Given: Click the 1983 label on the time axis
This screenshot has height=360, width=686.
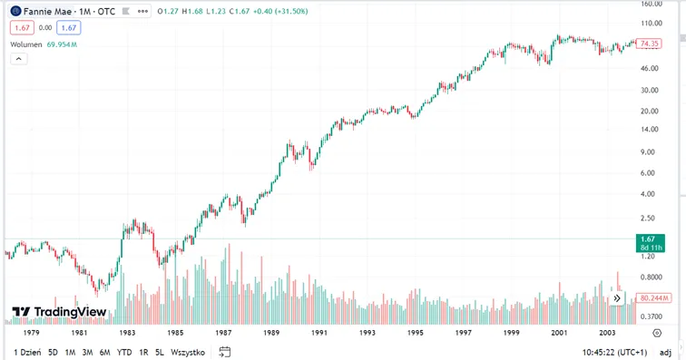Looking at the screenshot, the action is (127, 333).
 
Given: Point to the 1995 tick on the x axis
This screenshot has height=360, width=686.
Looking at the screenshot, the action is (416, 333).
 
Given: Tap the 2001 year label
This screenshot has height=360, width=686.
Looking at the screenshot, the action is (559, 333).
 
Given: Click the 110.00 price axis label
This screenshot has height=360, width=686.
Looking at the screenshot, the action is (652, 24).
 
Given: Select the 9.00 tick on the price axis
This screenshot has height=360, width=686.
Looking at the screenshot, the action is (647, 152).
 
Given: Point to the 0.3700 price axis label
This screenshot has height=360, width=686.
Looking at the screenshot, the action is (651, 316).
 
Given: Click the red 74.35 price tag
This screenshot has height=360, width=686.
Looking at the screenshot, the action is (649, 44).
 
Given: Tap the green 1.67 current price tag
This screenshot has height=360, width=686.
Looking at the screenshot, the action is (650, 243).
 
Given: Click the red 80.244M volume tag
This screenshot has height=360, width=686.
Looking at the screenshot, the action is (653, 298).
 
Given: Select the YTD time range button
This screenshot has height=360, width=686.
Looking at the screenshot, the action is (124, 352).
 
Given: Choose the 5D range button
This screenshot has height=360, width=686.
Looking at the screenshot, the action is (53, 352).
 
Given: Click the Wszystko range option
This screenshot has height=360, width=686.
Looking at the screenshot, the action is (188, 352).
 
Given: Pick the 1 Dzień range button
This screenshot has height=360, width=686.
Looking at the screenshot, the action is (27, 352).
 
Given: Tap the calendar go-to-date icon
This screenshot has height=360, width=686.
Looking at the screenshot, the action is (224, 352).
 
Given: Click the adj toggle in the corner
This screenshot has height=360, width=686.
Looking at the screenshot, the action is (665, 353).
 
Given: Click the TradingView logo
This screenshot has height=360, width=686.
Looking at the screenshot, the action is (59, 311).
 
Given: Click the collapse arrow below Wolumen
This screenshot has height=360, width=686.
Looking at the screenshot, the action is (19, 59).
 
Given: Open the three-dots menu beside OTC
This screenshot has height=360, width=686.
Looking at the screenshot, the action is (142, 12).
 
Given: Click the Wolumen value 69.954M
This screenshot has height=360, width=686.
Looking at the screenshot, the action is (62, 44).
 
